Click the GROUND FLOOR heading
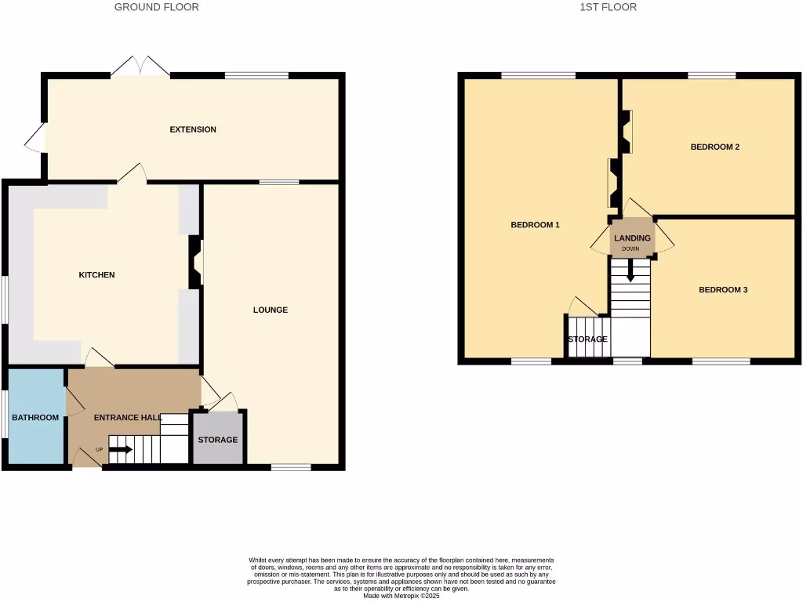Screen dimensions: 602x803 tap(156, 7)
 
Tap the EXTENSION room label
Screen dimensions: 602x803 tap(193, 129)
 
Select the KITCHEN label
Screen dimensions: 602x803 tap(96, 275)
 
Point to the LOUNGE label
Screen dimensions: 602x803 tap(271, 310)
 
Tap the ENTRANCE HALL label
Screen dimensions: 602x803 tap(128, 418)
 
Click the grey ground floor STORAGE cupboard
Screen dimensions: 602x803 tap(218, 440)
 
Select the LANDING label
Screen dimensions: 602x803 tap(632, 238)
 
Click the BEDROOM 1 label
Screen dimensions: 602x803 tap(536, 225)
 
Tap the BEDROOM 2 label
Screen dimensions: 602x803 tap(715, 147)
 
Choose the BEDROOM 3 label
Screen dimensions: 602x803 tap(723, 290)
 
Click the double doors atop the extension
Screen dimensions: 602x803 tap(140, 67)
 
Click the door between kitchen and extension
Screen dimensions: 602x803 tap(133, 174)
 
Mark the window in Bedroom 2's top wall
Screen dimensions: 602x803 tap(712, 75)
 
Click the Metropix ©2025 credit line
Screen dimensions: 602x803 tap(401, 597)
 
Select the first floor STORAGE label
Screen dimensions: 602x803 tap(587, 339)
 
